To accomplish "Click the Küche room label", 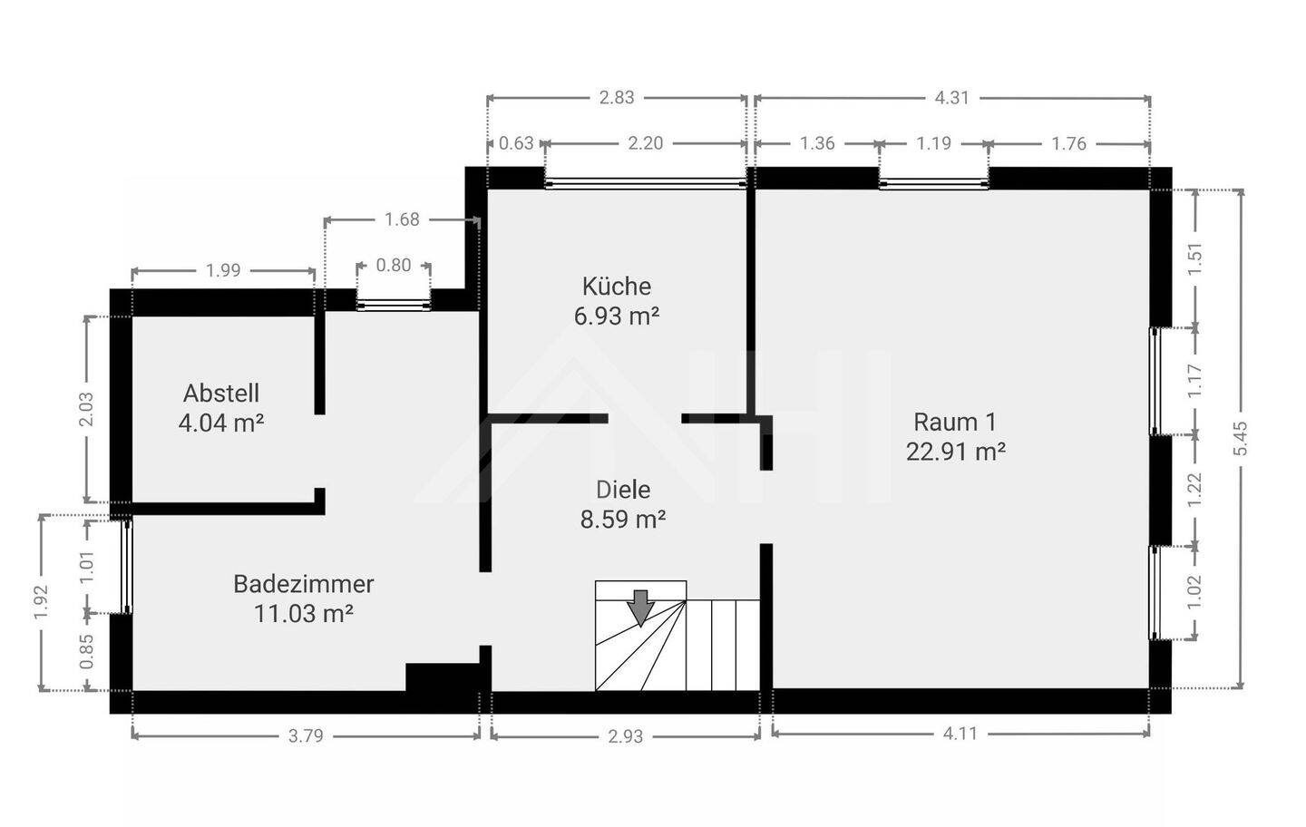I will (616, 287).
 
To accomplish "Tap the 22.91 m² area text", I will (955, 452).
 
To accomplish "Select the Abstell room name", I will (221, 394).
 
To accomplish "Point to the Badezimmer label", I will (303, 584).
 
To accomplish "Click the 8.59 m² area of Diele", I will (623, 520).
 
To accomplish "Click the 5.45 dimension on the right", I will (1241, 439).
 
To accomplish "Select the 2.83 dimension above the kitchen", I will (616, 98).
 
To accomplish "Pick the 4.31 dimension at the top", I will (951, 98).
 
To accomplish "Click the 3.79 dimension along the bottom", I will (306, 736).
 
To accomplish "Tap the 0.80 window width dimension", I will (393, 266).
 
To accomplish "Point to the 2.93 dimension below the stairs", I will (625, 736).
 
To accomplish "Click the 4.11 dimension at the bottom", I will (960, 734).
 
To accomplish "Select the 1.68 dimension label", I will (402, 219).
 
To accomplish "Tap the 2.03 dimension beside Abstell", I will (86, 409).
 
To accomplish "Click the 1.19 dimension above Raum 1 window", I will (933, 143).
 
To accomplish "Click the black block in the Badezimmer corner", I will (441, 676).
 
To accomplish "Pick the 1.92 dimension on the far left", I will (41, 602).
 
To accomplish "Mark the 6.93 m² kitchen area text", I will (616, 316).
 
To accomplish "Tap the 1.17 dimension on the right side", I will (1194, 381).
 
